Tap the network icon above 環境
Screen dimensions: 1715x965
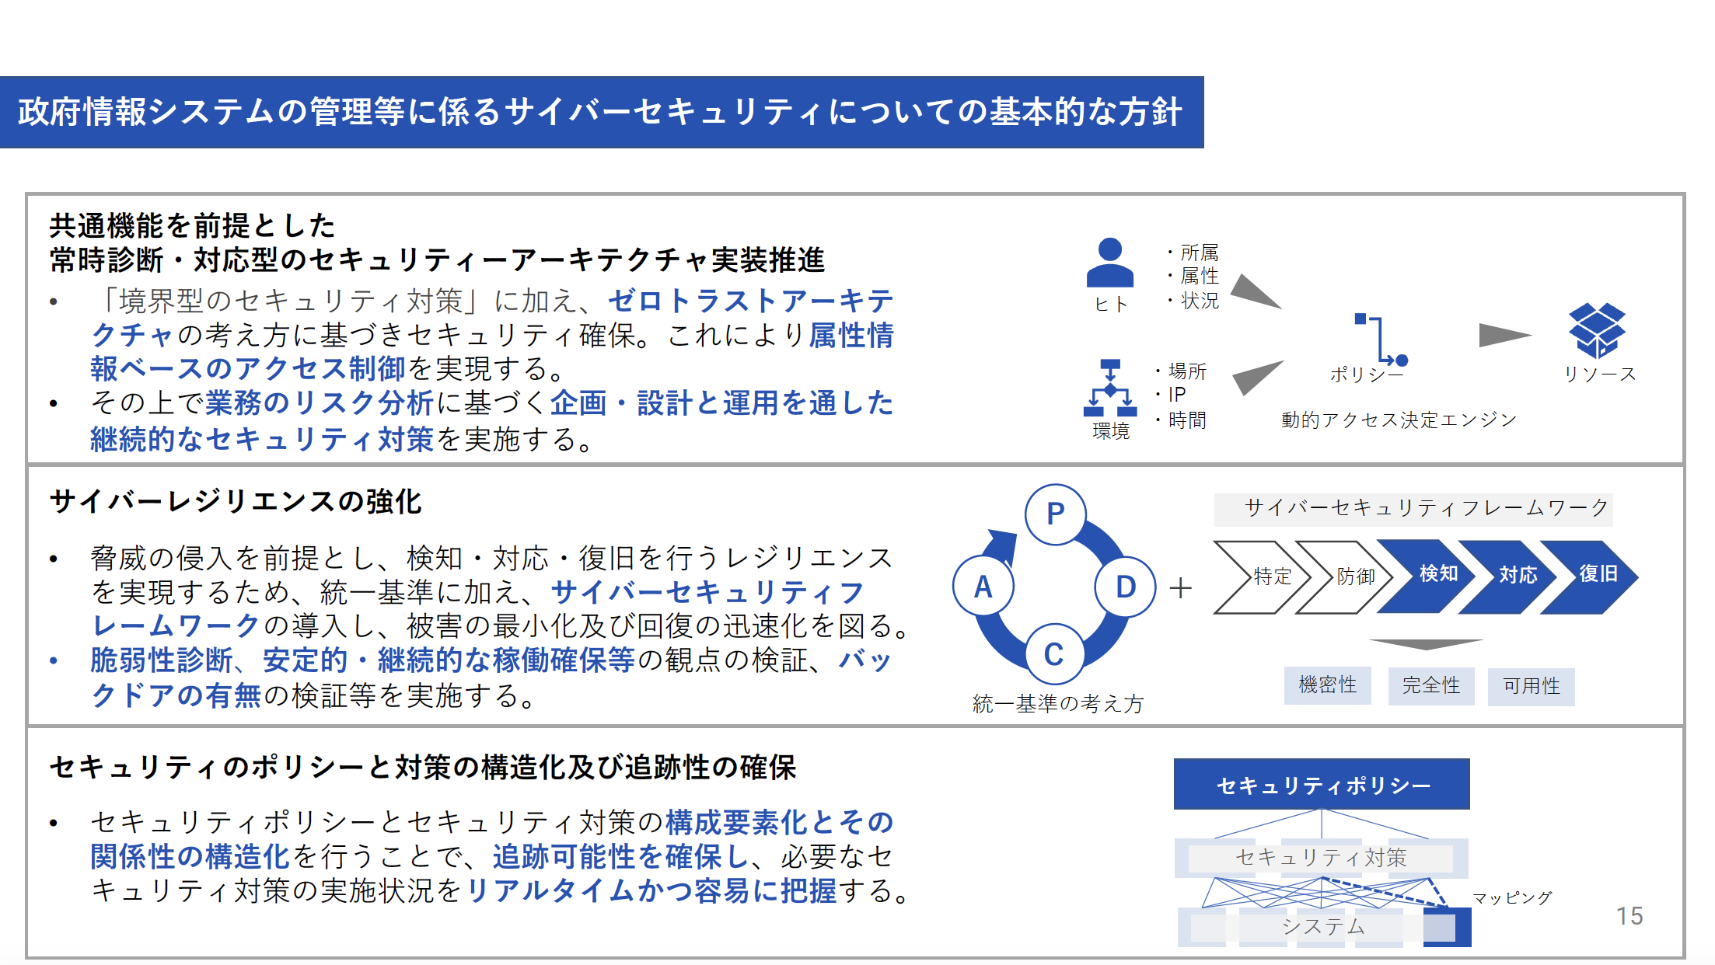coord(1110,388)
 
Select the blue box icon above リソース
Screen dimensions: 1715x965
coord(1597,330)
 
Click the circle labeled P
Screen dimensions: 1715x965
coord(1055,514)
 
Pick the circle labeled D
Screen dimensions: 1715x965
coord(1125,587)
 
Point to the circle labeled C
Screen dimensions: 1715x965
coord(1053,653)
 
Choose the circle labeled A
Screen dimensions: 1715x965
coord(983,587)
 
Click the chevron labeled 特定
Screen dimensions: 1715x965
coord(1262,577)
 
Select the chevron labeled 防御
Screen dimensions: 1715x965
coord(1343,577)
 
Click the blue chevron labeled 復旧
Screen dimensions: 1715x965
coord(1589,577)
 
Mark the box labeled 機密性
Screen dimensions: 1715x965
coord(1327,685)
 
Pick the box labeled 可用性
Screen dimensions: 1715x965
coord(1532,686)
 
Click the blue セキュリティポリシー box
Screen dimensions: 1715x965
coord(1322,784)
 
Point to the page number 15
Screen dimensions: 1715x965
coord(1629,916)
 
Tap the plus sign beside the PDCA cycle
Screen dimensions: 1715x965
coord(1180,587)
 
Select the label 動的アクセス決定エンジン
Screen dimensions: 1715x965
coord(1399,420)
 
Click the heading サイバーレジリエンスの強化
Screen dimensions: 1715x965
coord(236,501)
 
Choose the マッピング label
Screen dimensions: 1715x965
coord(1512,898)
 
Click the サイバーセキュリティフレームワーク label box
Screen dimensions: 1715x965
coord(1413,509)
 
